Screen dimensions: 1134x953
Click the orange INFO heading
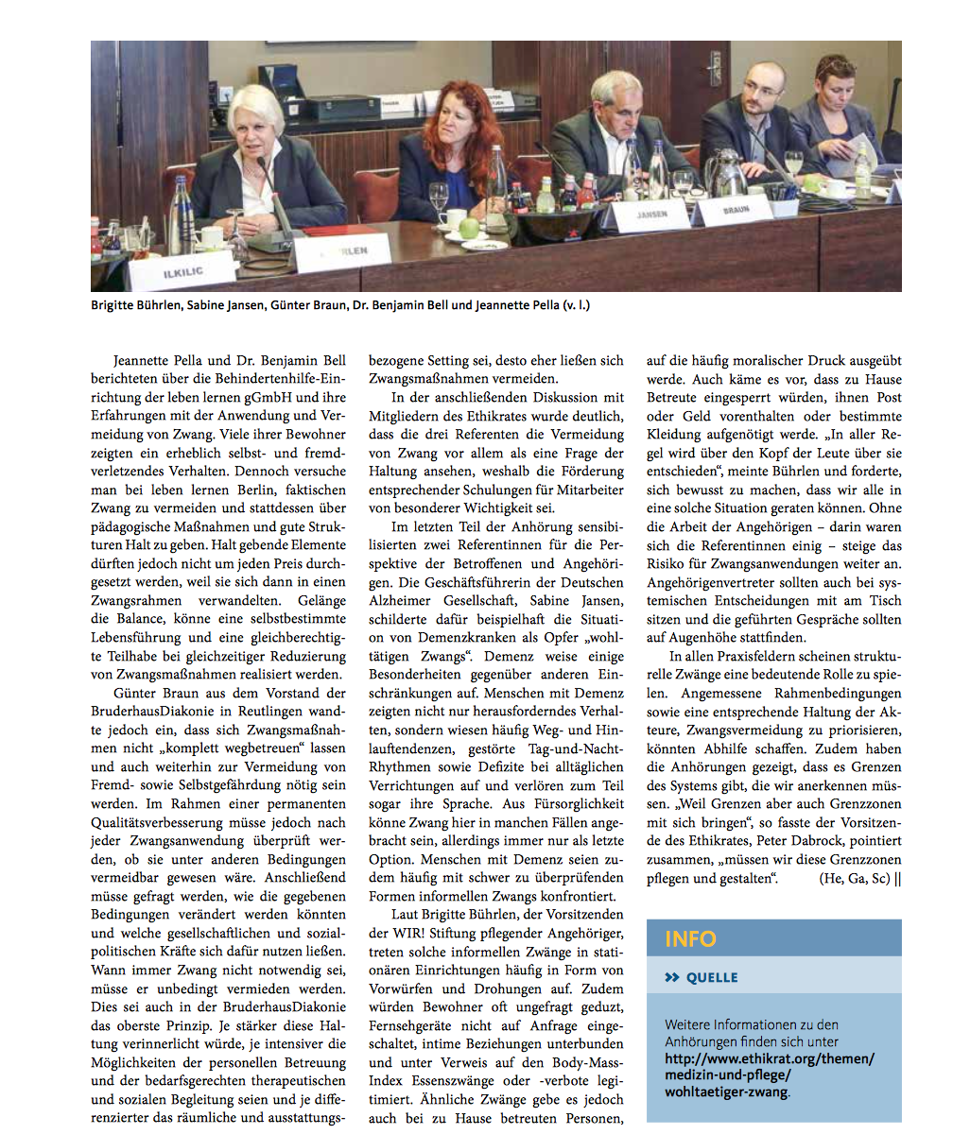pyautogui.click(x=690, y=939)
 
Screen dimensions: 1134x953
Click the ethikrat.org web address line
pyautogui.click(x=770, y=1058)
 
